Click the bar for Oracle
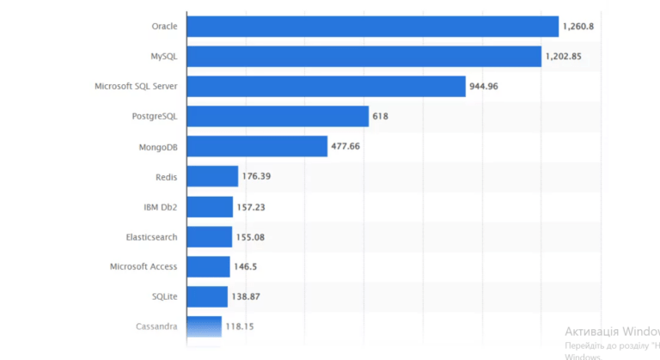pyautogui.click(x=372, y=27)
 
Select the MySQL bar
pyautogui.click(x=364, y=57)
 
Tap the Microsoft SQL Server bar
pyautogui.click(x=326, y=87)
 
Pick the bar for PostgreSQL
pyautogui.click(x=278, y=116)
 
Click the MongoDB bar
pyautogui.click(x=257, y=146)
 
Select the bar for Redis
pyautogui.click(x=212, y=176)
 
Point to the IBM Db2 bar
pyautogui.click(x=210, y=207)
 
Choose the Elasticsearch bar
pyautogui.click(x=209, y=236)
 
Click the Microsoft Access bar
pyautogui.click(x=208, y=266)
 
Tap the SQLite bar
pyautogui.click(x=207, y=296)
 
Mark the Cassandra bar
pyautogui.click(x=204, y=326)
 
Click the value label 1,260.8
pyautogui.click(x=578, y=27)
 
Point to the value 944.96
pyautogui.click(x=484, y=87)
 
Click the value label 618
pyautogui.click(x=381, y=116)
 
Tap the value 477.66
pyautogui.click(x=345, y=146)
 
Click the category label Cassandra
pyautogui.click(x=156, y=326)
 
